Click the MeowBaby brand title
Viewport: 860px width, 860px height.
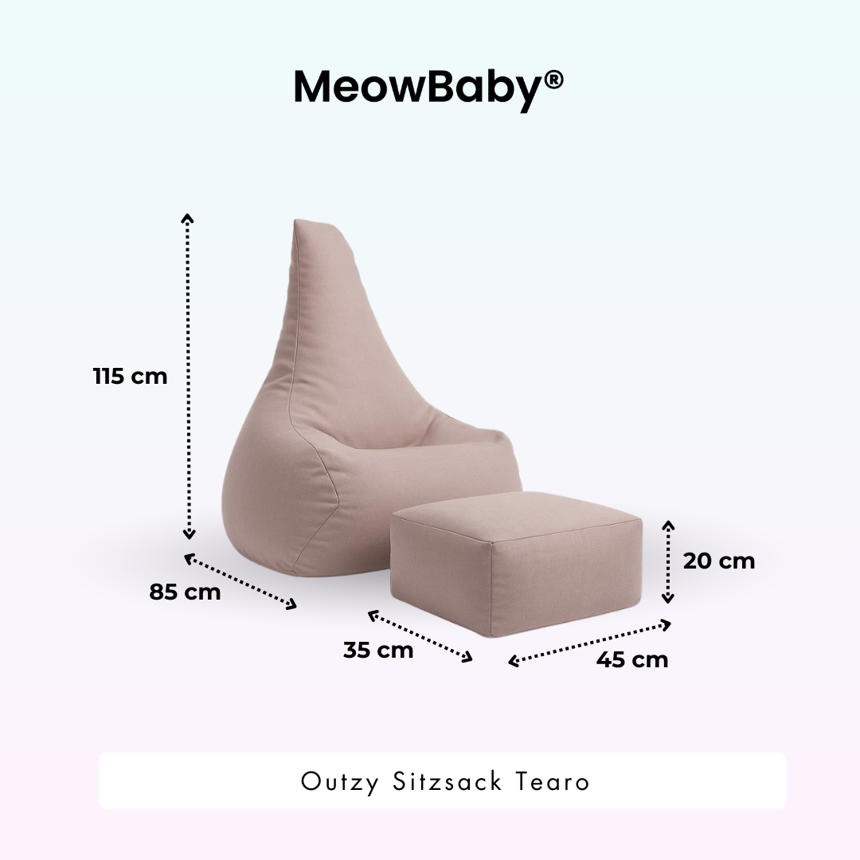click(418, 88)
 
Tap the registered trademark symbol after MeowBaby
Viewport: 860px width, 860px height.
click(554, 79)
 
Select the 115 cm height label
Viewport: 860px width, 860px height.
click(131, 376)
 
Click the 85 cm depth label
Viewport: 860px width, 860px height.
click(185, 592)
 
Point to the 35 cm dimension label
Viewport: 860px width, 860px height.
click(378, 650)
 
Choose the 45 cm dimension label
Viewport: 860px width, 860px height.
click(632, 659)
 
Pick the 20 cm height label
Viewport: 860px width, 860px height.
click(718, 561)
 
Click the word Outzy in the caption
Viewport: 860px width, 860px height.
click(341, 781)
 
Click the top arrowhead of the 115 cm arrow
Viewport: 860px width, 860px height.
click(188, 218)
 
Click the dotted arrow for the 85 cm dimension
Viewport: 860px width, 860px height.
click(240, 583)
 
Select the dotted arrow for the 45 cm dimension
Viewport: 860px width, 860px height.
click(589, 642)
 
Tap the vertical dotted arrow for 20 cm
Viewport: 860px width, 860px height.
click(668, 561)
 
